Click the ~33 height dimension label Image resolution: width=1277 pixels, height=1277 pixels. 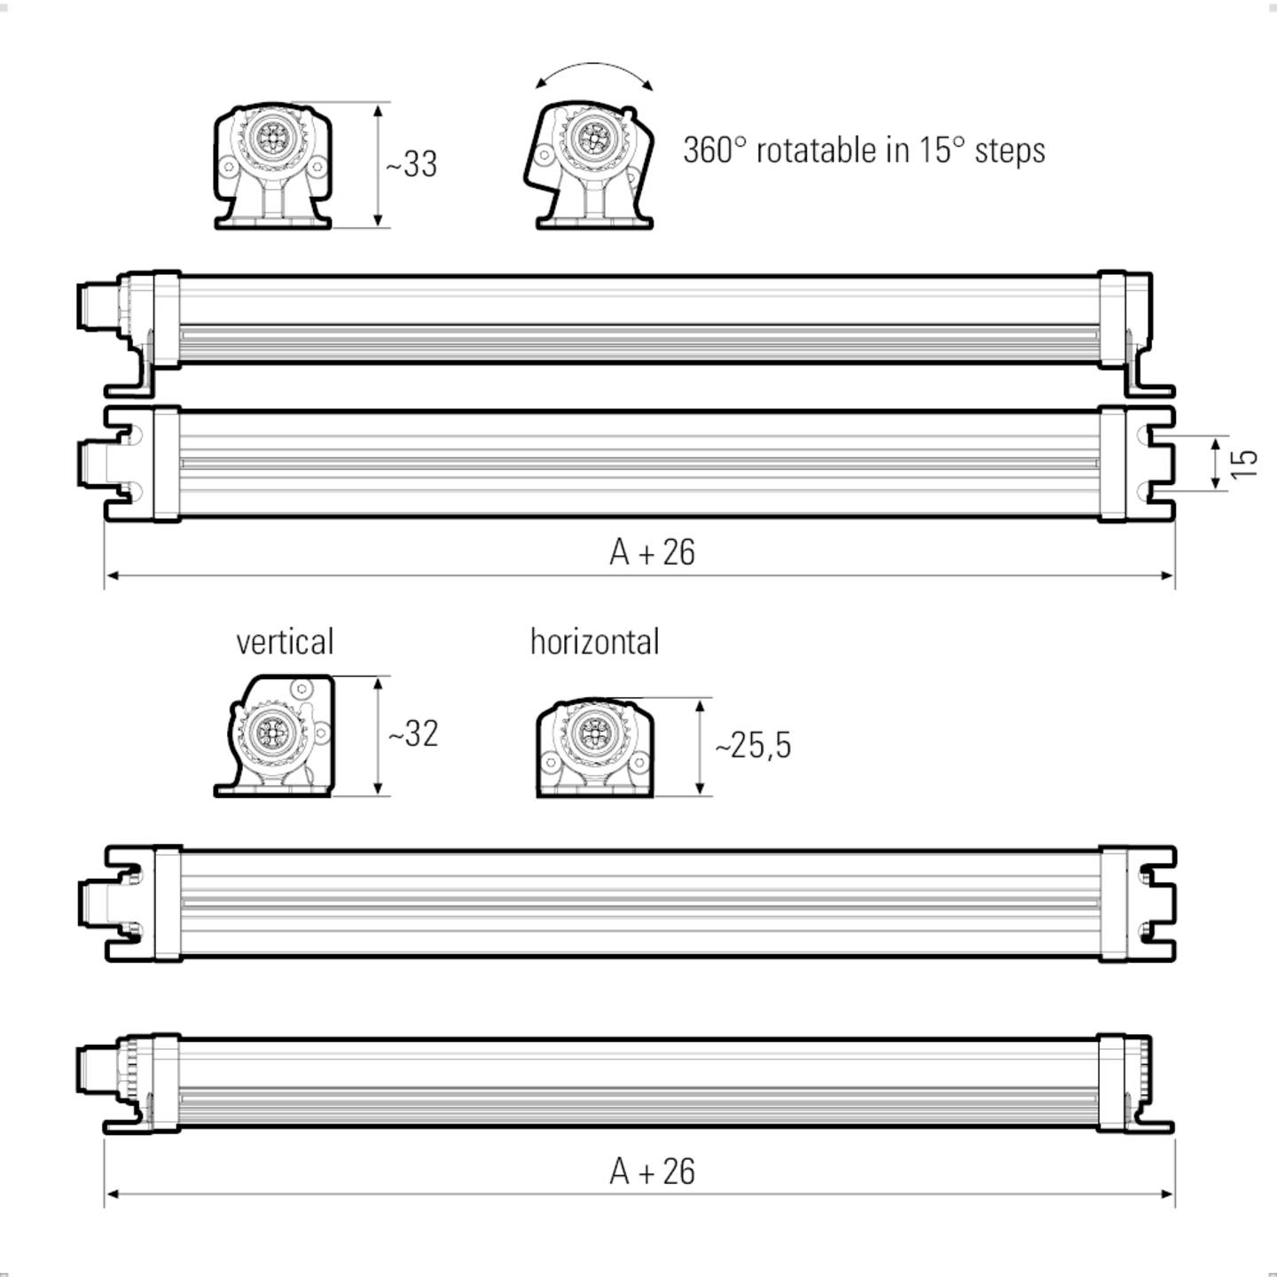pos(411,164)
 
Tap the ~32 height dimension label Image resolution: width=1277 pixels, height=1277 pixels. pos(413,734)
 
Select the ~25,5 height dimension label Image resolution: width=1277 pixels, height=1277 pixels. pos(753,746)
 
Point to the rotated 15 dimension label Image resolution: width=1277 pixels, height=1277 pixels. pos(1245,462)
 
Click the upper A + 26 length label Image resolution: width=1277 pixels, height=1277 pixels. pos(653,552)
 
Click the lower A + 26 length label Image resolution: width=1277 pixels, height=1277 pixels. pos(653,1171)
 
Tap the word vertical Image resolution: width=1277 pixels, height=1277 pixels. pos(285,642)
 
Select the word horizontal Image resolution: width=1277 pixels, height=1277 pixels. pos(594,642)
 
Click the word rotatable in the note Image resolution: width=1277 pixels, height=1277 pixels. pos(816,151)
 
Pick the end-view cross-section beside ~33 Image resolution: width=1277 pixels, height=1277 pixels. pos(272,166)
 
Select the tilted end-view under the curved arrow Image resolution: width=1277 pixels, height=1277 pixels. pos(590,166)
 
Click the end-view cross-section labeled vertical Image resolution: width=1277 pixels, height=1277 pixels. pos(274,736)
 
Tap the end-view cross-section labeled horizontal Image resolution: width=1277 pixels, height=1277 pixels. pos(594,747)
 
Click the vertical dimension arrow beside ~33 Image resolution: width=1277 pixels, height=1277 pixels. pos(379,165)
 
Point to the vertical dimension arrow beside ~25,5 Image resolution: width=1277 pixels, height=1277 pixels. pos(701,747)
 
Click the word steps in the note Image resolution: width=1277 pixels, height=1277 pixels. pos(1009,151)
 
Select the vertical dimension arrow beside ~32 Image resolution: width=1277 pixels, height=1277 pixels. pos(379,736)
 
